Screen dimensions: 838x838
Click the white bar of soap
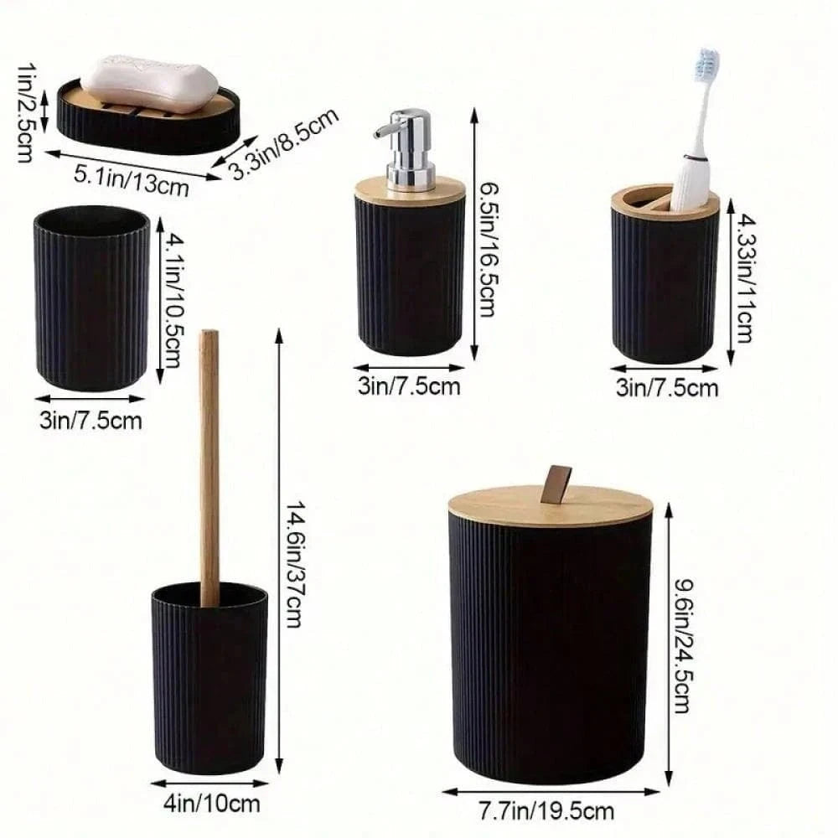[149, 84]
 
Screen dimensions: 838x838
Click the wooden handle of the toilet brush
[209, 461]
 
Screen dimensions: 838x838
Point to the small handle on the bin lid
[555, 484]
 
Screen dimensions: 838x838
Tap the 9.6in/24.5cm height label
[680, 645]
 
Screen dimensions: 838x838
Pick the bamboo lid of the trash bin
[551, 508]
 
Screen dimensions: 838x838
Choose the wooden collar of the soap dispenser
[410, 192]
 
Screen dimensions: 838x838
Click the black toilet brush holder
[209, 679]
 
